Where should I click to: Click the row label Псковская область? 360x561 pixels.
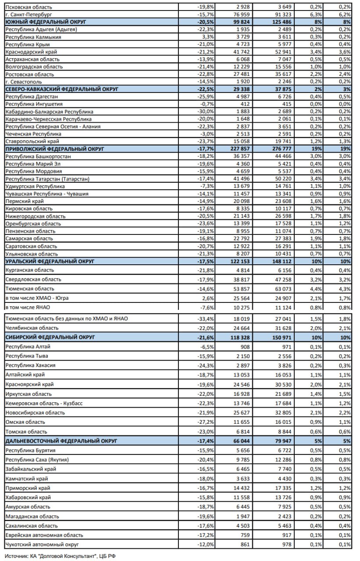(28, 7)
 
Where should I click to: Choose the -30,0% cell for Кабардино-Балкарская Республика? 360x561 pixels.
(206, 111)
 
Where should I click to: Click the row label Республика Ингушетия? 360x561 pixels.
(34, 104)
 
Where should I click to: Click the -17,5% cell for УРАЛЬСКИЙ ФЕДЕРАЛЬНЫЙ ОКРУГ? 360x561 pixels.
(205, 261)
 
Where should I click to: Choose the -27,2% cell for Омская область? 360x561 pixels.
(206, 422)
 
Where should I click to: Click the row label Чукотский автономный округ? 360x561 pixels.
(42, 544)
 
